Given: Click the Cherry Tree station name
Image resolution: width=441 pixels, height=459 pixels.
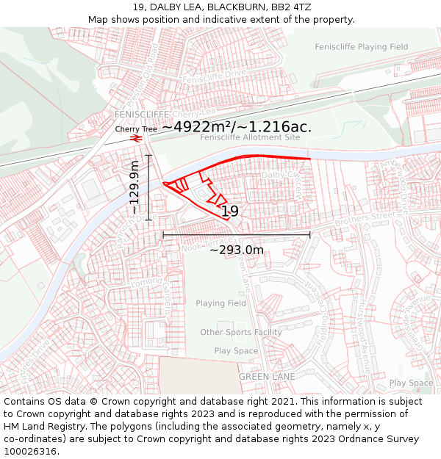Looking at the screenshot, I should pos(136,129).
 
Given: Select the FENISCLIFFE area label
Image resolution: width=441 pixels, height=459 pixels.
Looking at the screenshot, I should pos(142,115).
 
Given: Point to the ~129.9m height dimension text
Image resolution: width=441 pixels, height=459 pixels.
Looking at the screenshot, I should pos(135,187).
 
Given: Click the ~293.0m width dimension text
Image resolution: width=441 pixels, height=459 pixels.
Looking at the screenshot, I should pos(236,250).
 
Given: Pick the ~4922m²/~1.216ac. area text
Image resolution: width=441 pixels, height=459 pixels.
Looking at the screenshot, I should pos(237,126).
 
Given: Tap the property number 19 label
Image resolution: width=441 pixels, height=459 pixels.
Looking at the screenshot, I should pos(230,212).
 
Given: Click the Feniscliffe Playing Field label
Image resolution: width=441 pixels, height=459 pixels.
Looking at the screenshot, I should pos(361,47).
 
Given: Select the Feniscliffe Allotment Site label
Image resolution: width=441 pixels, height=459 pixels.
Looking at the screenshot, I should pos(250,137).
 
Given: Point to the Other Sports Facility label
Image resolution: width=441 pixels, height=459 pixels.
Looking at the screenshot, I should pos(241,333).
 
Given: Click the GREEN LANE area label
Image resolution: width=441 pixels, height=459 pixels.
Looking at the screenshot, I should pos(267,377).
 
